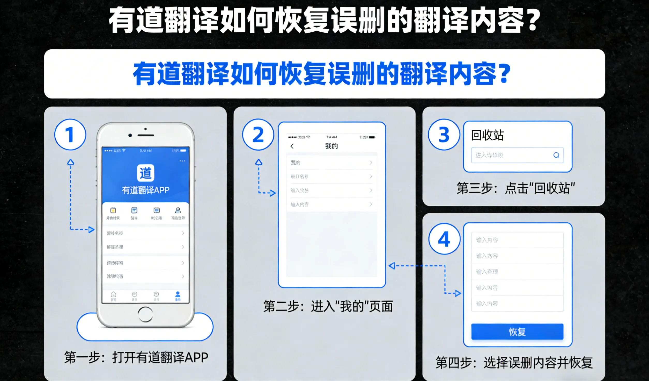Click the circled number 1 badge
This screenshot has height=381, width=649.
[x=70, y=135]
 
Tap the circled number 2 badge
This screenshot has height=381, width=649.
[x=258, y=135]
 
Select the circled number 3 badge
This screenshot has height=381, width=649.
[x=444, y=135]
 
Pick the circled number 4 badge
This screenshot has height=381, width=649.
[x=444, y=239]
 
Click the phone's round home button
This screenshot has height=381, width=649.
[x=145, y=314]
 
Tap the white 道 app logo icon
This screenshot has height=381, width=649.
[x=145, y=173]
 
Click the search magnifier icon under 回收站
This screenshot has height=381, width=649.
[x=556, y=155]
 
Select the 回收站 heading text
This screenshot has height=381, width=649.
[x=487, y=135]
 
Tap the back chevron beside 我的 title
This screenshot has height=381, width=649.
[x=292, y=146]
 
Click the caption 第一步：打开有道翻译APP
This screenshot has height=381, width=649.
[x=136, y=358]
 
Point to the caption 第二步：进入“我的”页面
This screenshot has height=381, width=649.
[x=328, y=306]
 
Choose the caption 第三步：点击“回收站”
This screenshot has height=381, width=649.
[x=515, y=188]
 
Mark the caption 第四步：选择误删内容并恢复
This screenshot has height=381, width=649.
[x=514, y=363]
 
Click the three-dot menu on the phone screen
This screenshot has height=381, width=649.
[x=182, y=161]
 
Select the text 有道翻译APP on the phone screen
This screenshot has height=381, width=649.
[x=146, y=190]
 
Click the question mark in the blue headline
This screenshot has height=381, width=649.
[x=505, y=74]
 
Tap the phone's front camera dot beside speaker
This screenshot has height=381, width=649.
[x=130, y=135]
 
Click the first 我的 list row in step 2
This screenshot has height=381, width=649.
[x=331, y=163]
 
